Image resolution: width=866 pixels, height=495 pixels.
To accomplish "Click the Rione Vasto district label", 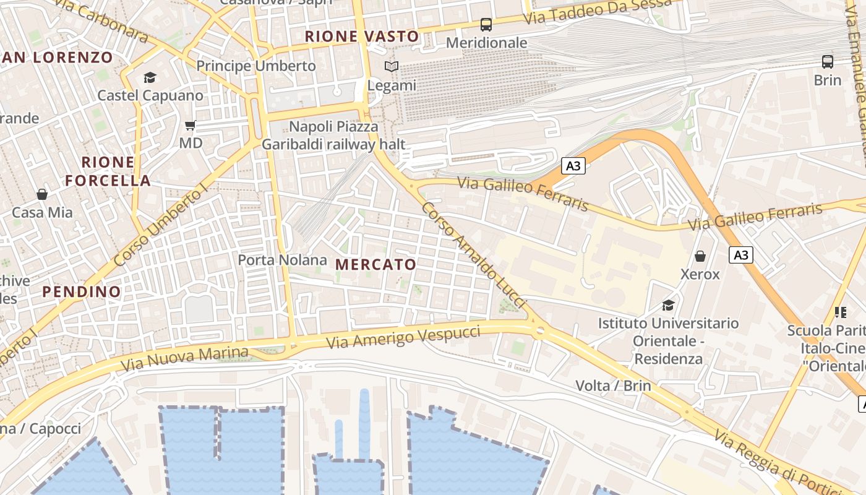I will click(362, 37).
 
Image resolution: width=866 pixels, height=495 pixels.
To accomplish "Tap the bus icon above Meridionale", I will click(486, 25).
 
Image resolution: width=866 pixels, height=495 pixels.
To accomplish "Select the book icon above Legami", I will click(391, 66).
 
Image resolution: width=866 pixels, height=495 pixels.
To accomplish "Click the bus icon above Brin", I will click(828, 62).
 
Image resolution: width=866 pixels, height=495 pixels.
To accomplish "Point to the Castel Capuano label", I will click(150, 95).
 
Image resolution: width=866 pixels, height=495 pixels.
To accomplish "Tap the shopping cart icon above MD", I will click(191, 125).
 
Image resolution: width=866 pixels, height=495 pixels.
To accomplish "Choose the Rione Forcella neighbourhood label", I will click(108, 171).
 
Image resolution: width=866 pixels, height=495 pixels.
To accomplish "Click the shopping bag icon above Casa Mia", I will click(42, 194).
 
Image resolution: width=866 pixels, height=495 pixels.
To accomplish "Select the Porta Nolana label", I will click(282, 260).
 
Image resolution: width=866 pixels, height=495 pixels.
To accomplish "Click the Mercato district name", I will click(376, 265).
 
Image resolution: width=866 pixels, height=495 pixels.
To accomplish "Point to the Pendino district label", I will click(82, 291).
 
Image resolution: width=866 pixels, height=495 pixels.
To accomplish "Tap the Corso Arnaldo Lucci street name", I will click(473, 254).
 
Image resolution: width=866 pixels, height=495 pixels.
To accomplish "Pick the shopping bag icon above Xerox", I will click(700, 256).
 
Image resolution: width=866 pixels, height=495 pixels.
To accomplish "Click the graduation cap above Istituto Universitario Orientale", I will click(668, 305).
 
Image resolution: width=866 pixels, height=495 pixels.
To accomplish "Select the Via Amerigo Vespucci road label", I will click(403, 337).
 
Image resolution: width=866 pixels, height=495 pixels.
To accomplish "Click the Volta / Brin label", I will click(613, 385).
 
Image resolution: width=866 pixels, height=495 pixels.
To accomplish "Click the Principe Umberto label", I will click(256, 66).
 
